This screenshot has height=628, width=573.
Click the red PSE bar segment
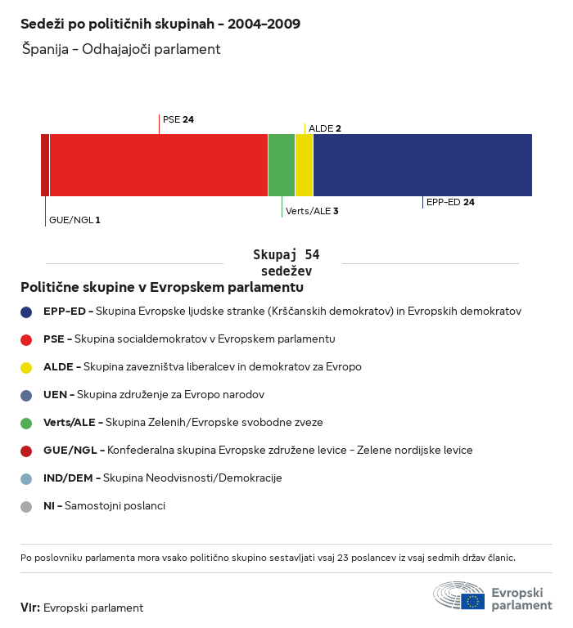point(159,165)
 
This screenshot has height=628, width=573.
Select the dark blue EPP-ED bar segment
point(422,165)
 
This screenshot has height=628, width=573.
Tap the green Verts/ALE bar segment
point(282,165)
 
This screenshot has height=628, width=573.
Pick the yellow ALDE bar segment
point(304,165)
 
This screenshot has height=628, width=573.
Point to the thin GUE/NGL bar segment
point(45,165)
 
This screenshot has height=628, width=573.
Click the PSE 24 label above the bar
point(178,119)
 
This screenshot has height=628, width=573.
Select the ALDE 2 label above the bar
point(325,128)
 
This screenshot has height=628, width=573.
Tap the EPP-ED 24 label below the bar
point(450,202)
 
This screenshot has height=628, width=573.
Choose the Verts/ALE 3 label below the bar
point(312,211)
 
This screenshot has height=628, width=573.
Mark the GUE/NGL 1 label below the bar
point(74,220)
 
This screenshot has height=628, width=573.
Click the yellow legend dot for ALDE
point(26,367)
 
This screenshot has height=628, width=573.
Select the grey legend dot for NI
point(26,506)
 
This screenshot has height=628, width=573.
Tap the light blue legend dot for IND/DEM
point(26,478)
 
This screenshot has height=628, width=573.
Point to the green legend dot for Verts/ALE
point(26,423)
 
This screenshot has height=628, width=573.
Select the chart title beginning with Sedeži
point(160,24)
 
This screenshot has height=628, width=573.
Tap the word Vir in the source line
point(29,608)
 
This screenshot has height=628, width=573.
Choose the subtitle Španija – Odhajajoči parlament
point(121,49)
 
